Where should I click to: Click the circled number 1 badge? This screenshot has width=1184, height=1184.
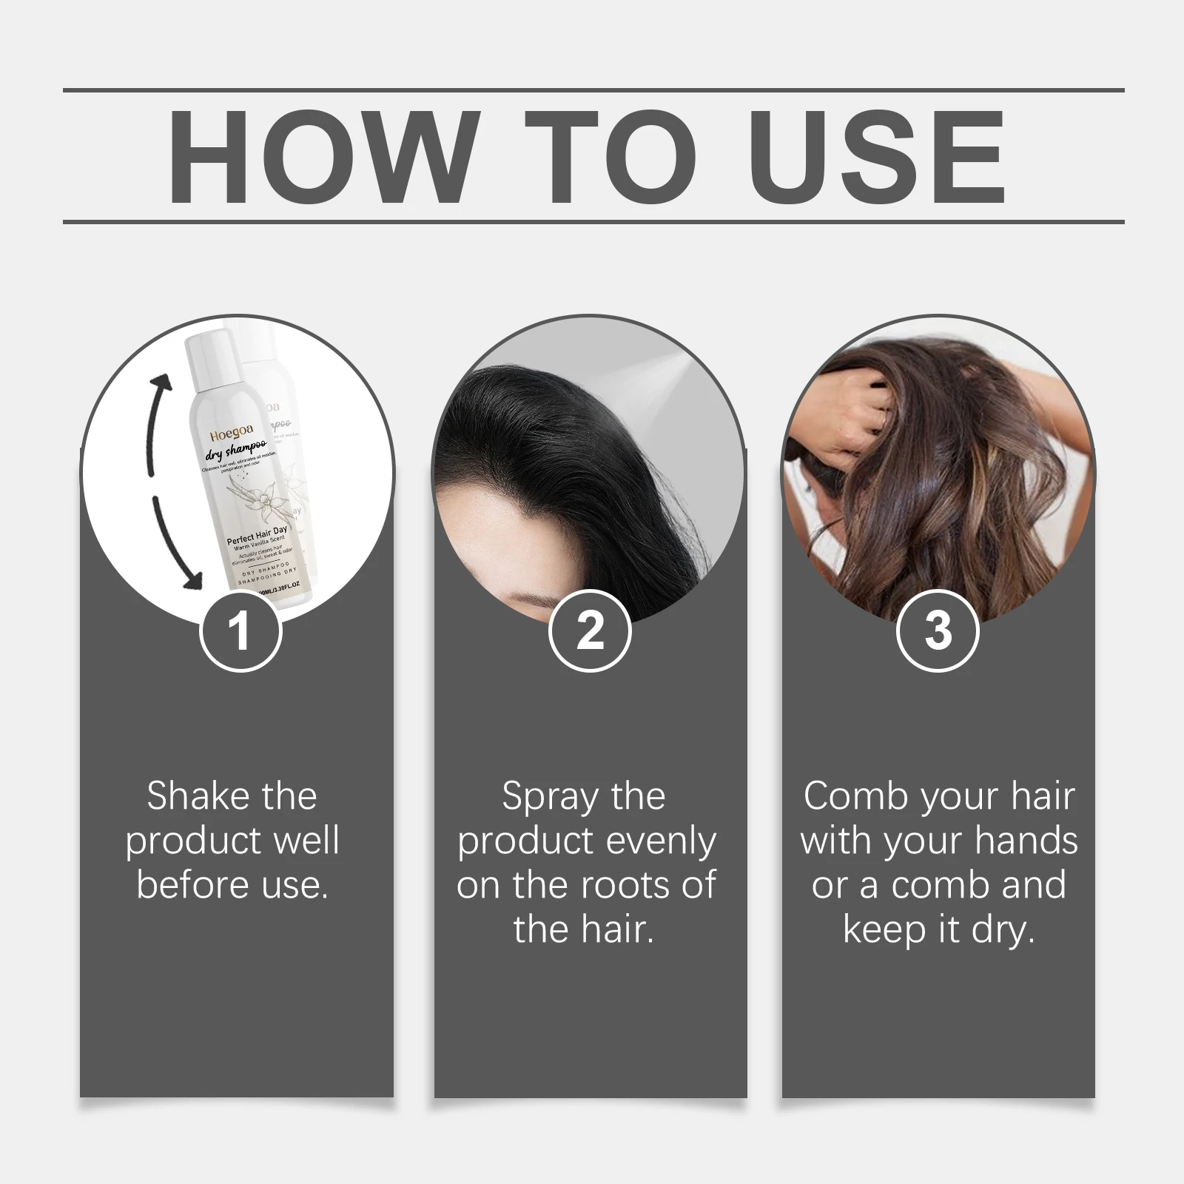[x=240, y=631]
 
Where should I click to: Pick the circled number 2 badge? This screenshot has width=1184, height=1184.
[x=590, y=631]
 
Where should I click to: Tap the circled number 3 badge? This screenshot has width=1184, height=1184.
[x=938, y=631]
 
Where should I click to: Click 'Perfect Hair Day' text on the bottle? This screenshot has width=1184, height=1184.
[x=257, y=534]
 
